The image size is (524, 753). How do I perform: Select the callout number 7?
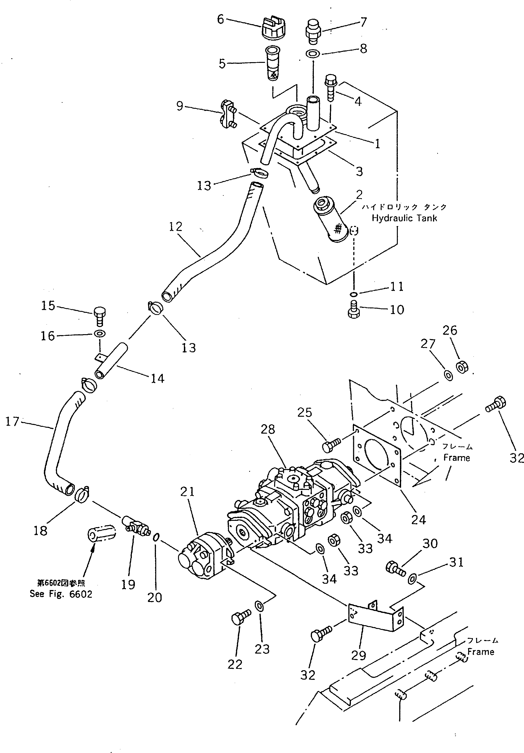point(363,22)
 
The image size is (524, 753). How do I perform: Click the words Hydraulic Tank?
point(404,218)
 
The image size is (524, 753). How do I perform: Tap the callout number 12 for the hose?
point(175,227)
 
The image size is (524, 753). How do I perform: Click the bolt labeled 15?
point(99,315)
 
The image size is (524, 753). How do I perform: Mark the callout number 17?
point(12,421)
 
